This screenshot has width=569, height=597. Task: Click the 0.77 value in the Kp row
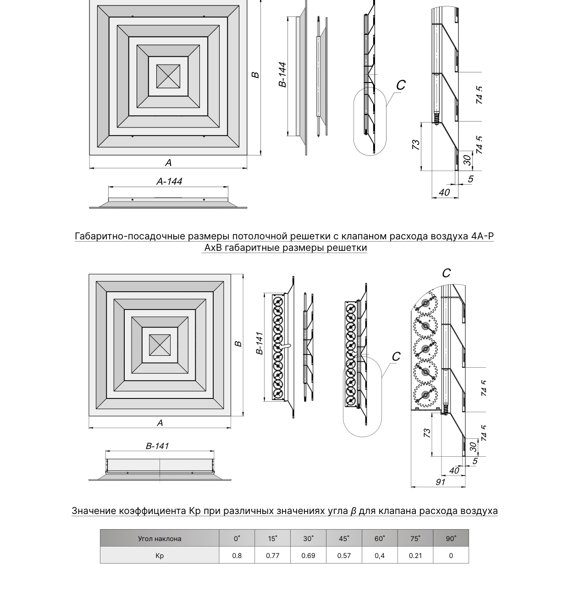[x=272, y=556]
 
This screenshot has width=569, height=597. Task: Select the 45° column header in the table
[x=344, y=539]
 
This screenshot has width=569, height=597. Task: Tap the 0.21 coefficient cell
[x=415, y=556]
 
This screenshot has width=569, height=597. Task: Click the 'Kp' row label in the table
[x=160, y=556]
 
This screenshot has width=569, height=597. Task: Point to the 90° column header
[x=451, y=539]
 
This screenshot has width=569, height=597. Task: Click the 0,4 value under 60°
[x=380, y=556]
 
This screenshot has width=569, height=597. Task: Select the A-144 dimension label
[x=169, y=181]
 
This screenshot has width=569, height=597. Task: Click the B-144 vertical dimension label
[x=282, y=75]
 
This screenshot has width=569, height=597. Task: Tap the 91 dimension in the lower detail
[x=440, y=482]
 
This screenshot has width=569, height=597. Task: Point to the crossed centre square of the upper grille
[x=168, y=76]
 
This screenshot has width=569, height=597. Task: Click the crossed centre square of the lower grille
[x=160, y=345]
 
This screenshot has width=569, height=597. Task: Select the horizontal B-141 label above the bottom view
[x=157, y=446]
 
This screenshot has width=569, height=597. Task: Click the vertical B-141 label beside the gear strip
[x=260, y=343]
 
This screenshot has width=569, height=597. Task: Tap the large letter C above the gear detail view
[x=446, y=273]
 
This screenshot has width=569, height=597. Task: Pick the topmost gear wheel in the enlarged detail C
[x=425, y=303]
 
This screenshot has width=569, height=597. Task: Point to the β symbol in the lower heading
[x=353, y=511]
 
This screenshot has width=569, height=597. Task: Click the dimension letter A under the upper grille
[x=168, y=163]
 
